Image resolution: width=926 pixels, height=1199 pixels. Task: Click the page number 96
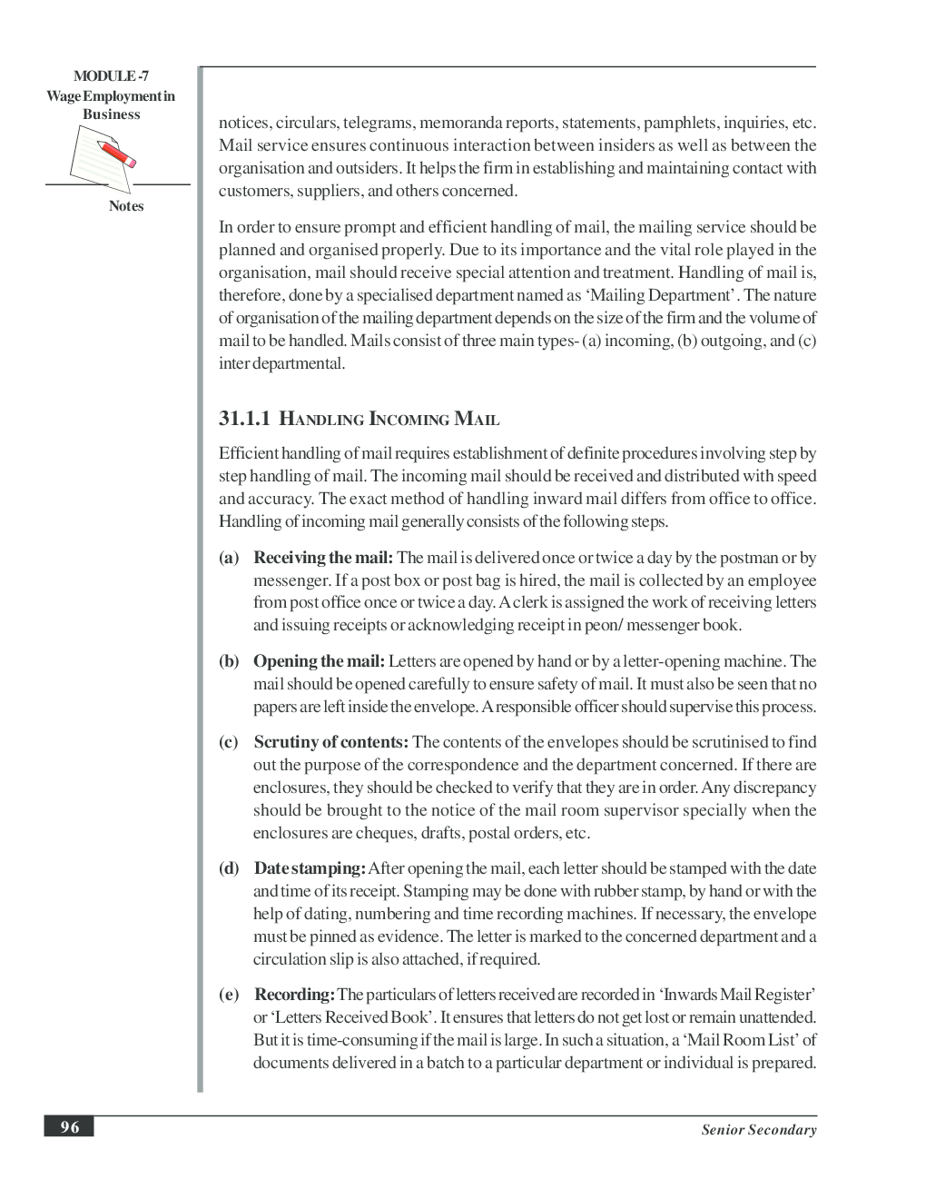coord(70,1127)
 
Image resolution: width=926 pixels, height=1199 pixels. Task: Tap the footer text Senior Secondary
coord(758,1130)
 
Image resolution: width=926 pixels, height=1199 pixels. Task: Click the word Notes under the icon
coord(126,206)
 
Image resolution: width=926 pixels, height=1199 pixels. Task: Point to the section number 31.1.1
coord(245,419)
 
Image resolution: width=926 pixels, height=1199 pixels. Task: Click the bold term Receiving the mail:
coord(322,558)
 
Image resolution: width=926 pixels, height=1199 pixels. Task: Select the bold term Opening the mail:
coord(319,661)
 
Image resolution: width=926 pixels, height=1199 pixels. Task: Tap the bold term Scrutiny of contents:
coord(330,742)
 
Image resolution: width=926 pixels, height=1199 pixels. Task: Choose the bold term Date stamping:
coord(310,868)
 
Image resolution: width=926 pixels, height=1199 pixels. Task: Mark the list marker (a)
coord(229,558)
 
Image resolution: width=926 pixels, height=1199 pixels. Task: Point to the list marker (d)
coord(229,868)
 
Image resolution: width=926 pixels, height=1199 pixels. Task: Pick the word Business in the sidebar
coord(111,114)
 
